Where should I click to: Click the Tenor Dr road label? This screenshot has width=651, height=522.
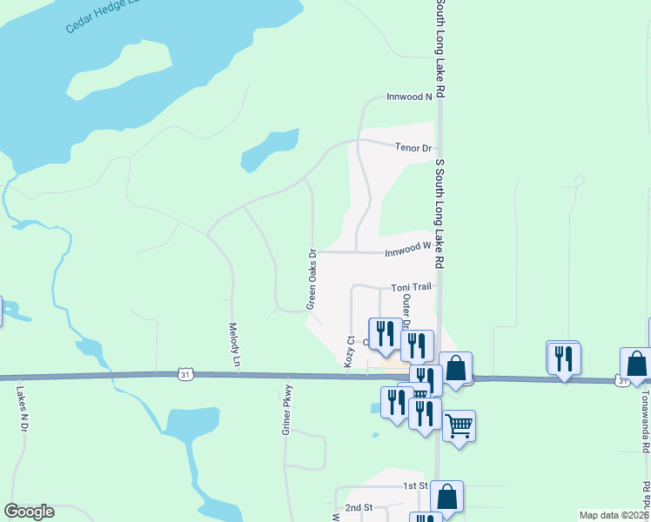pos(413,149)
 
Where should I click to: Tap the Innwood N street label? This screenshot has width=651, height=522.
pos(409,97)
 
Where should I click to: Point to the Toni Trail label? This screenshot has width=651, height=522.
pos(411,287)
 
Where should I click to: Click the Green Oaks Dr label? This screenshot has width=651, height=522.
pos(311,280)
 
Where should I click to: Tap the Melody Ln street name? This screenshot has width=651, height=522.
pos(233,344)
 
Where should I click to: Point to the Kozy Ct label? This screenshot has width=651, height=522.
pos(349,351)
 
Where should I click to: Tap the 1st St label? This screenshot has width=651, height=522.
pos(413,485)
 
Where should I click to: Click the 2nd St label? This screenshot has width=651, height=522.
pos(358,507)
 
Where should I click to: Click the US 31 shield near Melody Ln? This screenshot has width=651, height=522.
pos(184,374)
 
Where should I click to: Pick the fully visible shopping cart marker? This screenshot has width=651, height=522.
pos(459,426)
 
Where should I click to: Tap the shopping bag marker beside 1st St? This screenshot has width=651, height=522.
pos(446,496)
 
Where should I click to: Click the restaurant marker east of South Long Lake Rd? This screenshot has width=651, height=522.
pos(564,357)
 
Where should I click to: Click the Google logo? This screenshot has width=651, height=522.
pos(30,512)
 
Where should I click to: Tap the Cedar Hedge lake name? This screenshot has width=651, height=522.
pos(100,19)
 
